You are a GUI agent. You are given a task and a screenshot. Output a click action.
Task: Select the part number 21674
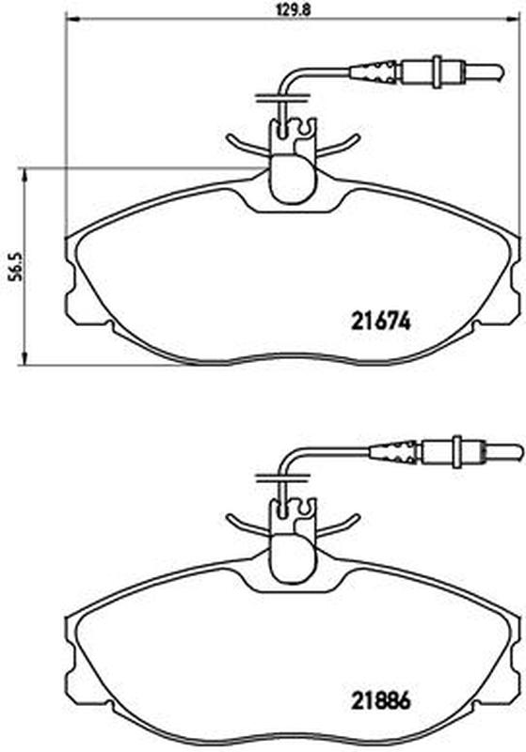coord(381,321)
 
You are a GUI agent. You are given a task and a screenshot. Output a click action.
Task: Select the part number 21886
coord(381,701)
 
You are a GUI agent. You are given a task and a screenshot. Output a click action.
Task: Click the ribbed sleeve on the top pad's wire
coord(374,71)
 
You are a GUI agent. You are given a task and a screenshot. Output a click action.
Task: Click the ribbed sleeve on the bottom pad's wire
coord(393,451)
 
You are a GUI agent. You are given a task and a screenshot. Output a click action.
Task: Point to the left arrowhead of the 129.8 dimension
coord(71,19)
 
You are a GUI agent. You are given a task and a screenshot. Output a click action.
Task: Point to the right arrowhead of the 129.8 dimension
coord(513,19)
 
